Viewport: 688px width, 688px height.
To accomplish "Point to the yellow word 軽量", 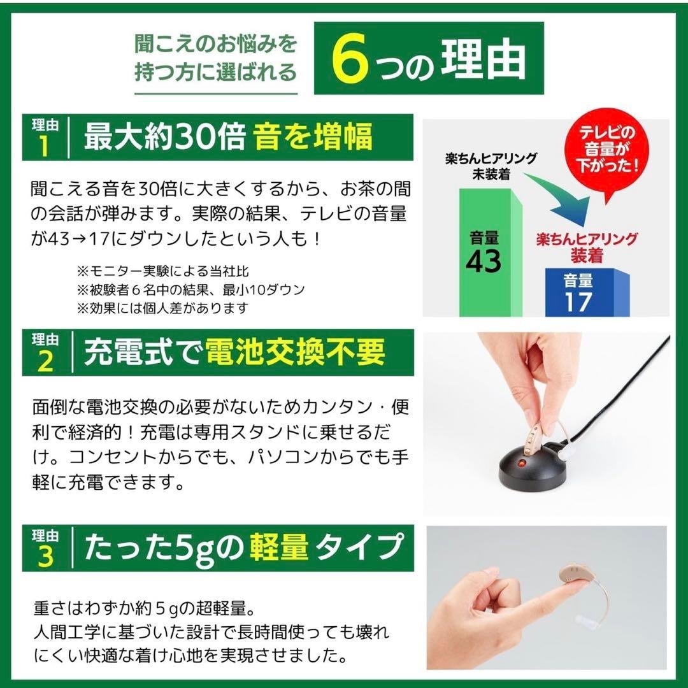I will coord(281,547).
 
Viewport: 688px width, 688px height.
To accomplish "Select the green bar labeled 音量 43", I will coord(491,255).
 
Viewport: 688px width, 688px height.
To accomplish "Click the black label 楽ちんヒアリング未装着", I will coord(491,165).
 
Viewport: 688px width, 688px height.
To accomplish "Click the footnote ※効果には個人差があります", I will coord(162,308).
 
